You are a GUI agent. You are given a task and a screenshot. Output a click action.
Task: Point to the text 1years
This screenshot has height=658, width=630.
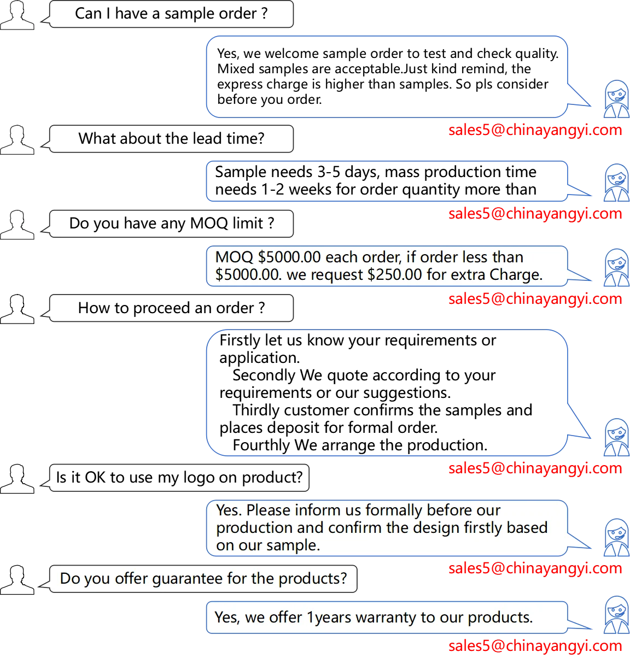coord(329,618)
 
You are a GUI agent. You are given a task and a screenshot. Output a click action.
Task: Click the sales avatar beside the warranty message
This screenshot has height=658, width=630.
coord(616,615)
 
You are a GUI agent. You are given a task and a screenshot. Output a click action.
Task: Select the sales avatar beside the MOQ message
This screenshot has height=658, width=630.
coord(616,268)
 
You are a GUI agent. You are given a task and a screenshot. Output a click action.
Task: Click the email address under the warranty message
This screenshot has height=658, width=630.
coord(535,646)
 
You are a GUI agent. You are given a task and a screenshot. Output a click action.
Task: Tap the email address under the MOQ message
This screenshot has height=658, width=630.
coord(535,299)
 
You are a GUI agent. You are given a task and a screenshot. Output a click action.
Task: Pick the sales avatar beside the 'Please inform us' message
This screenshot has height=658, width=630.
coord(616,537)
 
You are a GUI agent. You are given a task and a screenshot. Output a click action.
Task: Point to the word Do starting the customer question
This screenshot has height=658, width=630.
coord(69,579)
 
